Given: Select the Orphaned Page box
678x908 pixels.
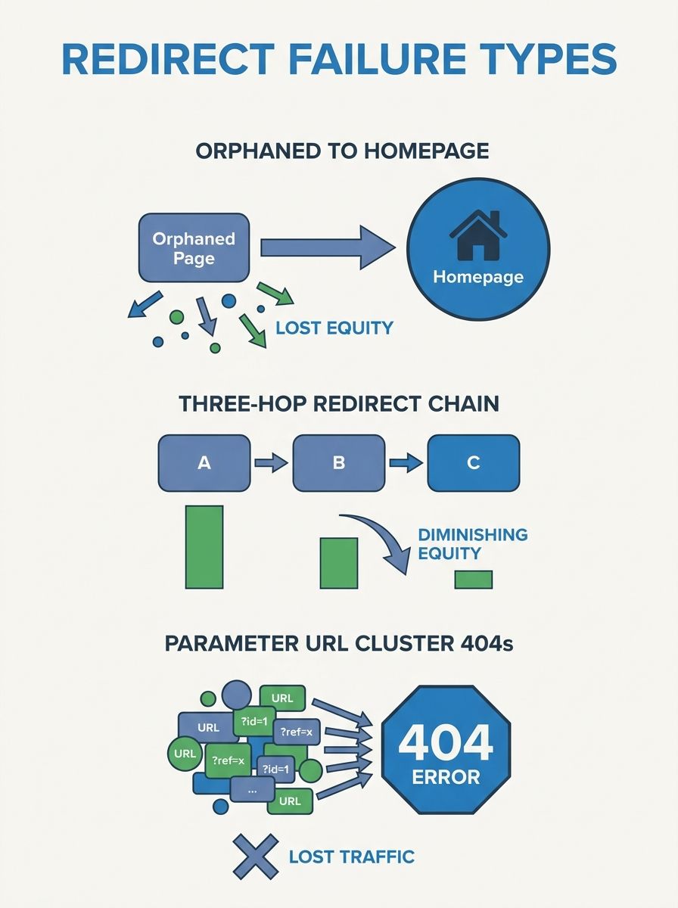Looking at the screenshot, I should click(x=194, y=248).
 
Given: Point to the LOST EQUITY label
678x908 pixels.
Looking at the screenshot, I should click(x=334, y=328).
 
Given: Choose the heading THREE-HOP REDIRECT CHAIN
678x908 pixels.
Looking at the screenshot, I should click(x=339, y=403).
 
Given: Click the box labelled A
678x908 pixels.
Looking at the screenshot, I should click(x=204, y=462).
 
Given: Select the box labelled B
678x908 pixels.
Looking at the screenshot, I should click(x=338, y=462).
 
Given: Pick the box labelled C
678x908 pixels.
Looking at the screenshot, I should click(x=474, y=462).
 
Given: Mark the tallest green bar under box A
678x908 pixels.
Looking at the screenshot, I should click(x=204, y=547).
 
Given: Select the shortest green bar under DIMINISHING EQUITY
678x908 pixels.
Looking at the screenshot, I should click(x=474, y=580).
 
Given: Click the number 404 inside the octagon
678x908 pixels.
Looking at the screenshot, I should click(x=446, y=743).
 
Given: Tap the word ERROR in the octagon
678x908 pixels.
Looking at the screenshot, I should click(x=446, y=777).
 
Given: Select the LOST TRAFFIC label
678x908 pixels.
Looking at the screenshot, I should click(x=352, y=857).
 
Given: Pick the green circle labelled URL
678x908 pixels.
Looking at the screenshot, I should click(x=185, y=754).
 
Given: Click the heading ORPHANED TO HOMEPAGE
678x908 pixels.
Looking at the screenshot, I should click(x=342, y=151).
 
